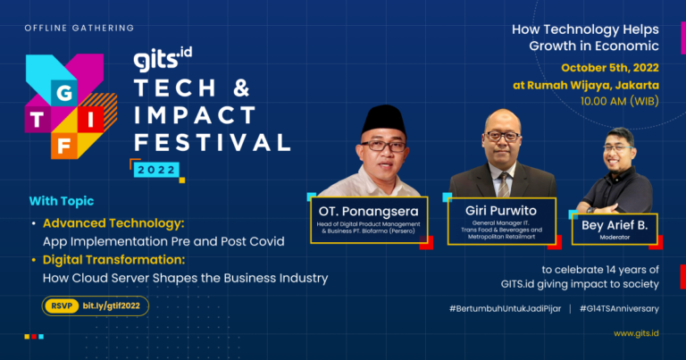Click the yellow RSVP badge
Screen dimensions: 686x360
click(62, 306)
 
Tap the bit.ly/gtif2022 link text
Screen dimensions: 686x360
click(111, 306)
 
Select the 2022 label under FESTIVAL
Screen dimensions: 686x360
click(156, 170)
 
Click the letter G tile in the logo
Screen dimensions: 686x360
click(64, 93)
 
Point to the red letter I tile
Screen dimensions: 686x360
click(90, 120)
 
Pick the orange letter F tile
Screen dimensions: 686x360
click(64, 147)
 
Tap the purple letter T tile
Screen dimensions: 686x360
click(38, 120)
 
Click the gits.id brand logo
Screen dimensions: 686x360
click(163, 59)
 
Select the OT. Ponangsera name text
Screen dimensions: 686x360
click(368, 212)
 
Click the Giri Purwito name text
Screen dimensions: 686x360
click(501, 211)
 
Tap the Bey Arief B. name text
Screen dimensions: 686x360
click(615, 225)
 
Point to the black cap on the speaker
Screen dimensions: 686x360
click(384, 121)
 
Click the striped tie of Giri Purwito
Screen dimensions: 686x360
click(504, 185)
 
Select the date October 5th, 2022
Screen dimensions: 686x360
click(610, 68)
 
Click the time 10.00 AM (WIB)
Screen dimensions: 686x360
click(620, 102)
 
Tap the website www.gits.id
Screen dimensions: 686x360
click(636, 333)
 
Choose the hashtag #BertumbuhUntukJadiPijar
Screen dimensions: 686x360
click(505, 309)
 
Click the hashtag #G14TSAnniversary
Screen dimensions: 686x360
click(619, 309)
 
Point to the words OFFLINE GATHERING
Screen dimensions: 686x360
click(79, 28)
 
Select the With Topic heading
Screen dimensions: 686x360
click(62, 201)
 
